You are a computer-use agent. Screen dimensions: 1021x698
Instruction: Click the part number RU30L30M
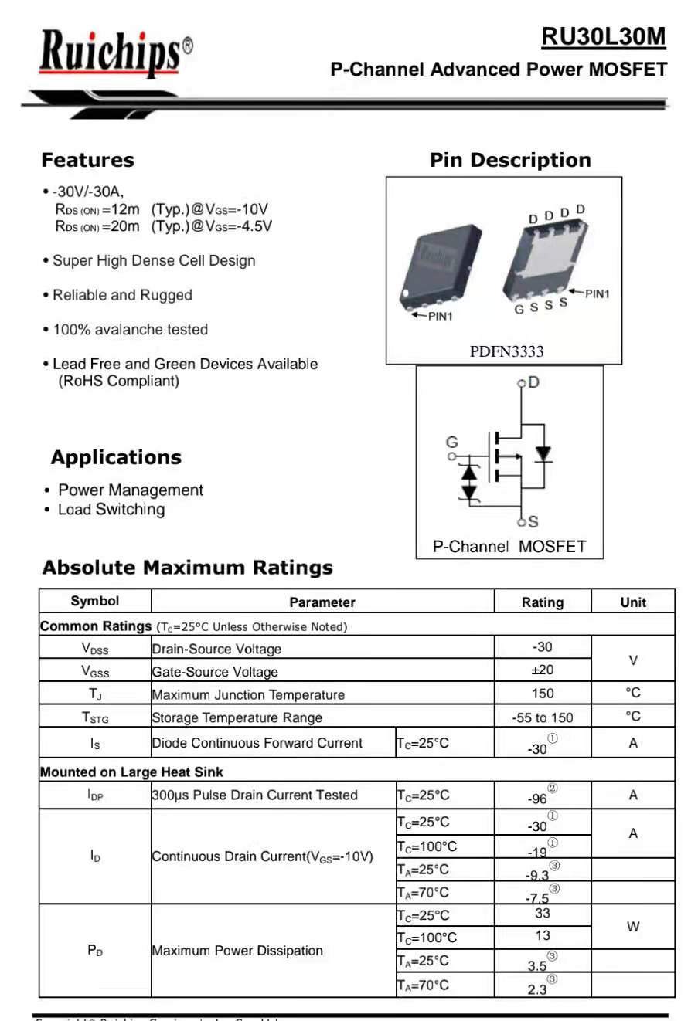pos(603,36)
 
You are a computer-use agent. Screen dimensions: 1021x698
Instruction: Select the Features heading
pos(87,161)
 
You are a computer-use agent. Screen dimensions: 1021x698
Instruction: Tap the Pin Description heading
pos(510,161)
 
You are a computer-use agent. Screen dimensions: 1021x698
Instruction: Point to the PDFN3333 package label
pos(506,352)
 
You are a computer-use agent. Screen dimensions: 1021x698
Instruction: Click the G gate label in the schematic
pos(451,443)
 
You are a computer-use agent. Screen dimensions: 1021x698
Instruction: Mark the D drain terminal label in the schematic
pos(533,382)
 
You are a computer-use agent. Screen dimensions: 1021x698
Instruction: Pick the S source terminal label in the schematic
pos(533,522)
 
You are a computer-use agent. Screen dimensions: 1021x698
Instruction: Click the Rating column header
pos(542,602)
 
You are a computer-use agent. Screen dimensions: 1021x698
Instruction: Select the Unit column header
pos(633,602)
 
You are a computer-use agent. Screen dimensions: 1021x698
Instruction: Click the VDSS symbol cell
pos(95,649)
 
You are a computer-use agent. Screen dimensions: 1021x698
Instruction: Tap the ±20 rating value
pos(543,670)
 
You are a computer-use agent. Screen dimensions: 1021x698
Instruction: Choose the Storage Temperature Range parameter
pos(237,717)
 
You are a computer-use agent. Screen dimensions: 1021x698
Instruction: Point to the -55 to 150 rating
pos(543,717)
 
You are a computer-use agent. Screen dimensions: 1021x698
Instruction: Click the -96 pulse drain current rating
pos(538,798)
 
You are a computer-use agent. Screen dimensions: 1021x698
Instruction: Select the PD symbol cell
pos(95,951)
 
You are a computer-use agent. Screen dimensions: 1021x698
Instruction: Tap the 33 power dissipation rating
pos(543,914)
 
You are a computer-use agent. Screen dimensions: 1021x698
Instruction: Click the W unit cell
pos(633,927)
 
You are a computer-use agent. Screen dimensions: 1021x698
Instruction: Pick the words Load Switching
pos(111,510)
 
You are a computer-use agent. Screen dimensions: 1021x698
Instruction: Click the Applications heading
pos(116,458)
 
